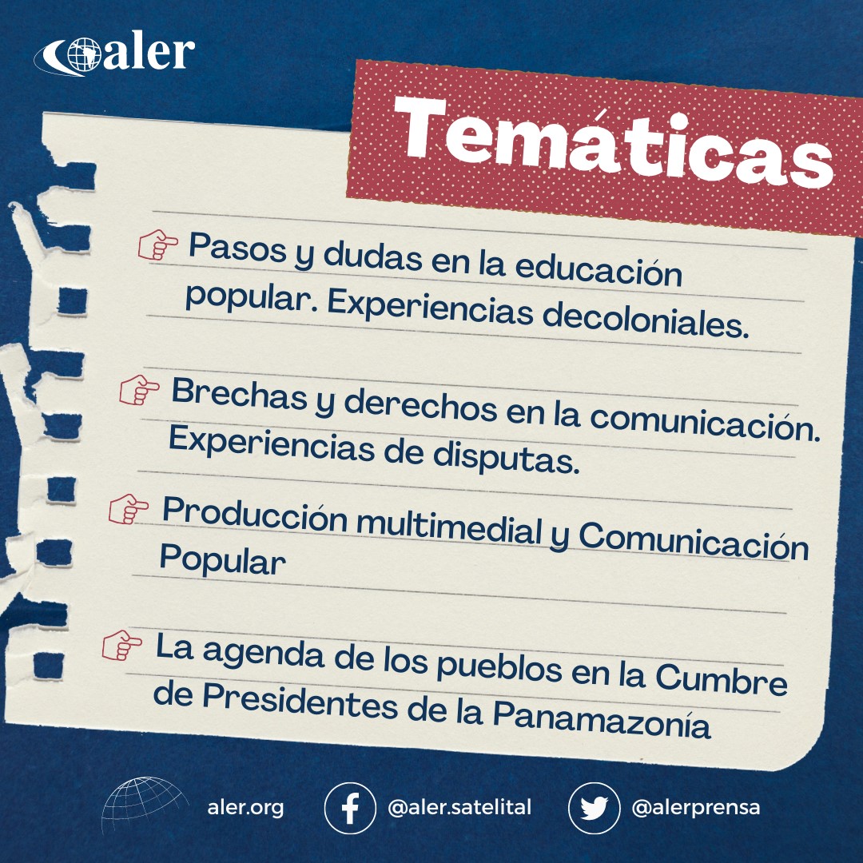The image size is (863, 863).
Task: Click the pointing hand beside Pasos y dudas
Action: click(158, 245)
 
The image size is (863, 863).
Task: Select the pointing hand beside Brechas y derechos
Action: click(139, 390)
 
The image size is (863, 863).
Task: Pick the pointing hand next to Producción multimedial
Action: click(128, 508)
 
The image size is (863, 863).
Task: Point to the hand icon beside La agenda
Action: click(121, 645)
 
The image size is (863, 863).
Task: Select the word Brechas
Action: click(240, 394)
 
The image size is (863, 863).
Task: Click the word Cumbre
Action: click(721, 678)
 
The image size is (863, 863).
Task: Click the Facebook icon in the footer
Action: click(350, 808)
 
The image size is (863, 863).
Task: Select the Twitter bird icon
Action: click(594, 808)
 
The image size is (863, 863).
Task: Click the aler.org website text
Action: click(245, 808)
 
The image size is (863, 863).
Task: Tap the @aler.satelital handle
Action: click(459, 807)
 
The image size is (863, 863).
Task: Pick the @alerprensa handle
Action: click(696, 808)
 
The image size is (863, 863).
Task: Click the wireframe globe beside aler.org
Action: click(144, 805)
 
